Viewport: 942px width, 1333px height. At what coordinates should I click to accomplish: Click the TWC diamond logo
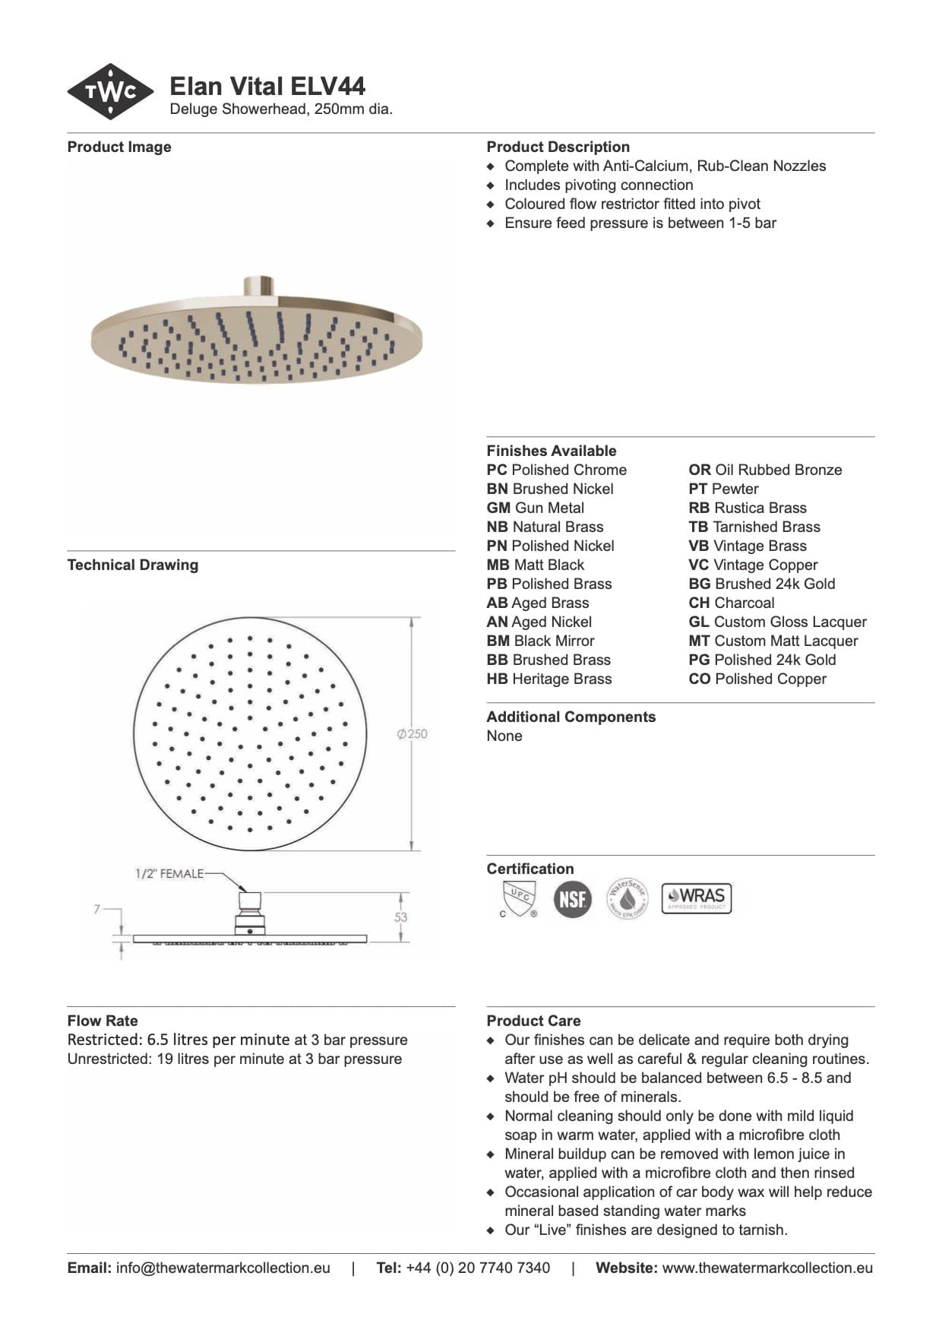111,92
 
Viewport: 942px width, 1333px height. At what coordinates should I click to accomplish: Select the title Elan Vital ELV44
267,86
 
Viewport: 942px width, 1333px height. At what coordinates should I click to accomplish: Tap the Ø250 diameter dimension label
413,734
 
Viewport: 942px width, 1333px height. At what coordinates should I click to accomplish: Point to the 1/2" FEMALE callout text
169,874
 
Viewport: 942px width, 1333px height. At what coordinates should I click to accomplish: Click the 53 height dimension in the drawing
400,917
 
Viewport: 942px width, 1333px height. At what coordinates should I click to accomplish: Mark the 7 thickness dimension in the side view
97,909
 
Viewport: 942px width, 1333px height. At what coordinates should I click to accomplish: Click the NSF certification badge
572,899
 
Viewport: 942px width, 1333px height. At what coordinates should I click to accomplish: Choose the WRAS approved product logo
696,898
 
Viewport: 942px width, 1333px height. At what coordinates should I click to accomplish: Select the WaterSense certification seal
627,898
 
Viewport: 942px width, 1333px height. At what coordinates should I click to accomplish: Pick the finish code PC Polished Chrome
557,470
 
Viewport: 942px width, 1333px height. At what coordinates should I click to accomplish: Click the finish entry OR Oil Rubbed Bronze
765,470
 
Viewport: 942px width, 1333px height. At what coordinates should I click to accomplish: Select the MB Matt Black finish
536,565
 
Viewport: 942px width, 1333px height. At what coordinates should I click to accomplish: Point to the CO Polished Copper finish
757,679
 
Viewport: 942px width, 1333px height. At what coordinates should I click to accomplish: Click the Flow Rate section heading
103,1021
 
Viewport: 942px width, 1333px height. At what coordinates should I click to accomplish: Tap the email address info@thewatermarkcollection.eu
223,1268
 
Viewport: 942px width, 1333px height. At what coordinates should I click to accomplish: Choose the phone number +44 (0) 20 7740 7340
478,1268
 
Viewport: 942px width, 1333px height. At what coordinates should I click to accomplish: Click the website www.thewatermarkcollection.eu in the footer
767,1268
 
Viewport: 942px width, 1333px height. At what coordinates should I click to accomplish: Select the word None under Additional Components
504,736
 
